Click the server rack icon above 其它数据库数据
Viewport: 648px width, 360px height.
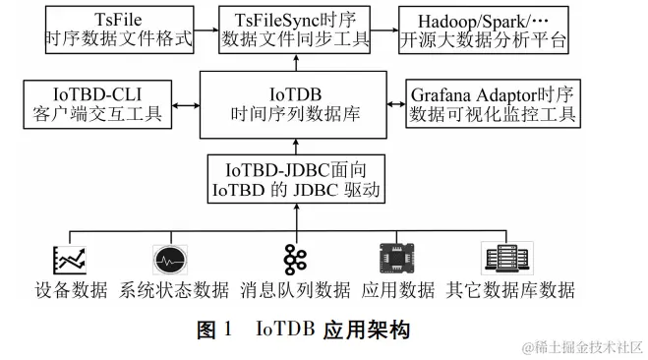point(503,259)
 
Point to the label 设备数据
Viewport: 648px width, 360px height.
point(70,291)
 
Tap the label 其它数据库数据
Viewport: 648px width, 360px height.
point(509,291)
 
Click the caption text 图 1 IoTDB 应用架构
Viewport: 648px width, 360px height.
point(301,329)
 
